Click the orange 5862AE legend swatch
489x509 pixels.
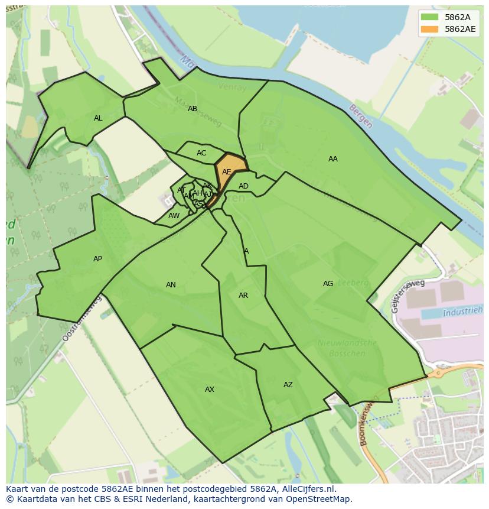[431, 29]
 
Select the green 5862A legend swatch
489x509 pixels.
[431, 17]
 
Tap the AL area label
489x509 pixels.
[98, 118]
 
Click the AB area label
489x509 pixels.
[193, 109]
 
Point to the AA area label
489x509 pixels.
[333, 159]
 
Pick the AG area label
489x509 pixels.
[328, 284]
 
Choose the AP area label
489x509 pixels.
[97, 259]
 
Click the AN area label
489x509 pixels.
[171, 285]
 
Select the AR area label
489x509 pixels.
[243, 296]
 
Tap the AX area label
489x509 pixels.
[210, 390]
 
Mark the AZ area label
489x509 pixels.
[288, 385]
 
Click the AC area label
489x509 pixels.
[201, 153]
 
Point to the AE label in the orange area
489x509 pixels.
[227, 172]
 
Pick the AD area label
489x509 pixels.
[243, 186]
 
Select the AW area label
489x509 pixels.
[174, 216]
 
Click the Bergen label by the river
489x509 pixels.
[361, 116]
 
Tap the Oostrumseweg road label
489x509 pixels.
[81, 319]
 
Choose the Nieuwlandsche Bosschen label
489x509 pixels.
[347, 348]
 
